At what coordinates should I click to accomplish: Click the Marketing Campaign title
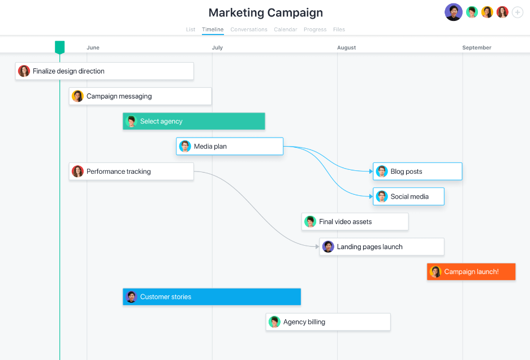pyautogui.click(x=265, y=12)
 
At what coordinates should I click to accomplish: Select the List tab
pyautogui.click(x=191, y=29)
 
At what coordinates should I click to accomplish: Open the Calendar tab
pyautogui.click(x=285, y=29)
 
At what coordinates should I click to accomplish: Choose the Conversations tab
pyautogui.click(x=249, y=29)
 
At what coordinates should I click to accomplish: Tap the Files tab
pyautogui.click(x=339, y=29)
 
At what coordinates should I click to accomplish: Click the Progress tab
pyautogui.click(x=315, y=29)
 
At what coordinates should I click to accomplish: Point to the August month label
pyautogui.click(x=346, y=48)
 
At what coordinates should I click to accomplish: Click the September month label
pyautogui.click(x=476, y=48)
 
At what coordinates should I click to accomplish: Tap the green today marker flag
pyautogui.click(x=59, y=47)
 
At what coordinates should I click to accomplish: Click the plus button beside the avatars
pyautogui.click(x=518, y=12)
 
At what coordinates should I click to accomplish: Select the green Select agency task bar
pyautogui.click(x=194, y=121)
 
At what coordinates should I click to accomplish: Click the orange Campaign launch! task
pyautogui.click(x=471, y=272)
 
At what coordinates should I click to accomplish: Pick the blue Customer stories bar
pyautogui.click(x=212, y=297)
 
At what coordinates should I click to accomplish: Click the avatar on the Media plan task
pyautogui.click(x=185, y=147)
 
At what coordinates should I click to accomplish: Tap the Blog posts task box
pyautogui.click(x=417, y=172)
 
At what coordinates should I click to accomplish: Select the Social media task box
pyautogui.click(x=408, y=196)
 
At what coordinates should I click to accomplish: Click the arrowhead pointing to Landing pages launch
pyautogui.click(x=317, y=247)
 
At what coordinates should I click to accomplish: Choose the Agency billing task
pyautogui.click(x=328, y=322)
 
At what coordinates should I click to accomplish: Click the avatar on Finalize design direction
pyautogui.click(x=24, y=71)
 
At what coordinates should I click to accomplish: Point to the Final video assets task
pyautogui.click(x=355, y=222)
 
